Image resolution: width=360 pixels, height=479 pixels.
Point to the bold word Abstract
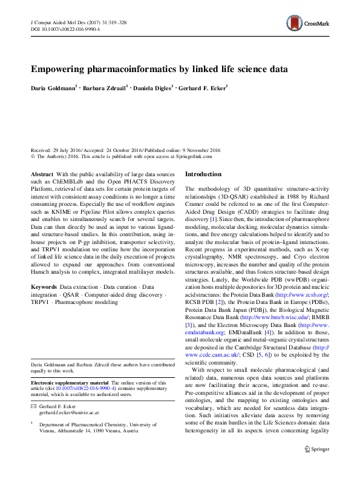(x=41, y=174)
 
